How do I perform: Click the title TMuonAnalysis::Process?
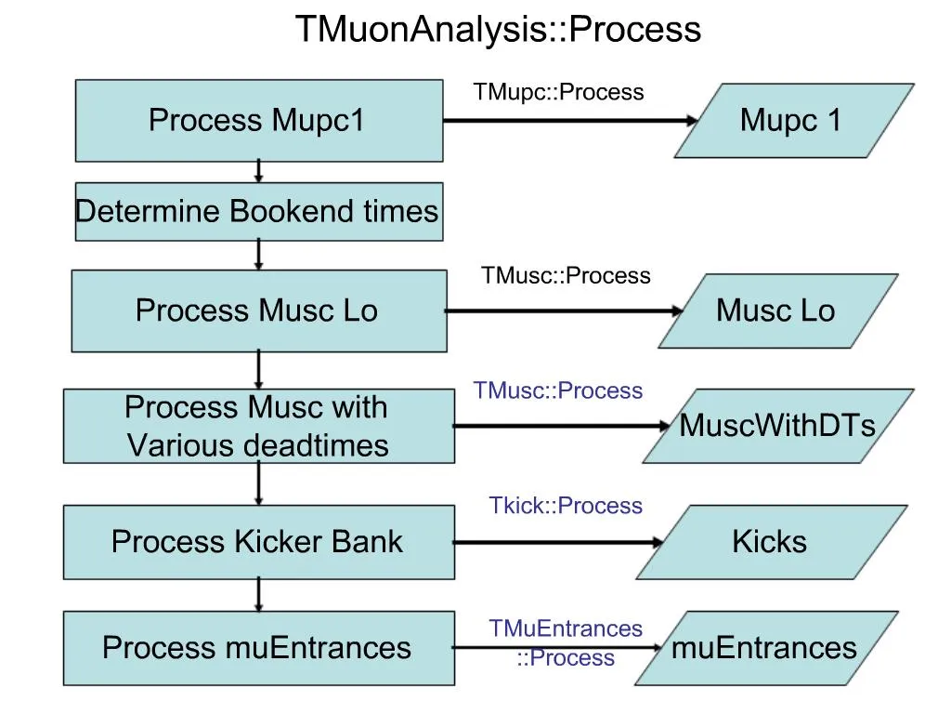[x=498, y=30]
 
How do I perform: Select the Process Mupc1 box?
[x=258, y=121]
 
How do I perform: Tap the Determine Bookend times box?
[x=258, y=212]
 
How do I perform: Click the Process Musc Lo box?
[x=258, y=311]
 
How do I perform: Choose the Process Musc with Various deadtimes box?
[x=258, y=427]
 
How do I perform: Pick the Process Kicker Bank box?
[x=258, y=542]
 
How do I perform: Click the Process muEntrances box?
[x=258, y=648]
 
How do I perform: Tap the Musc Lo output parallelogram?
[x=776, y=311]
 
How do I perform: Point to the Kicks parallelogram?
[x=769, y=542]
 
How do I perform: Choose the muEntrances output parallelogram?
[x=763, y=648]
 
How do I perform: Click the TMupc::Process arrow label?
[x=558, y=92]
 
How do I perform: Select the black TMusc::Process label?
[x=566, y=276]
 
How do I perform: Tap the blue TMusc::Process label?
[x=558, y=390]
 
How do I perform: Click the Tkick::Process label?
[x=566, y=506]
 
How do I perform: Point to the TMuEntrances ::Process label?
[x=566, y=643]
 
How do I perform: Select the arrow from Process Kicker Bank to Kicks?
[x=558, y=542]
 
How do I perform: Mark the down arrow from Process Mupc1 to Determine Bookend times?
[x=259, y=171]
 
